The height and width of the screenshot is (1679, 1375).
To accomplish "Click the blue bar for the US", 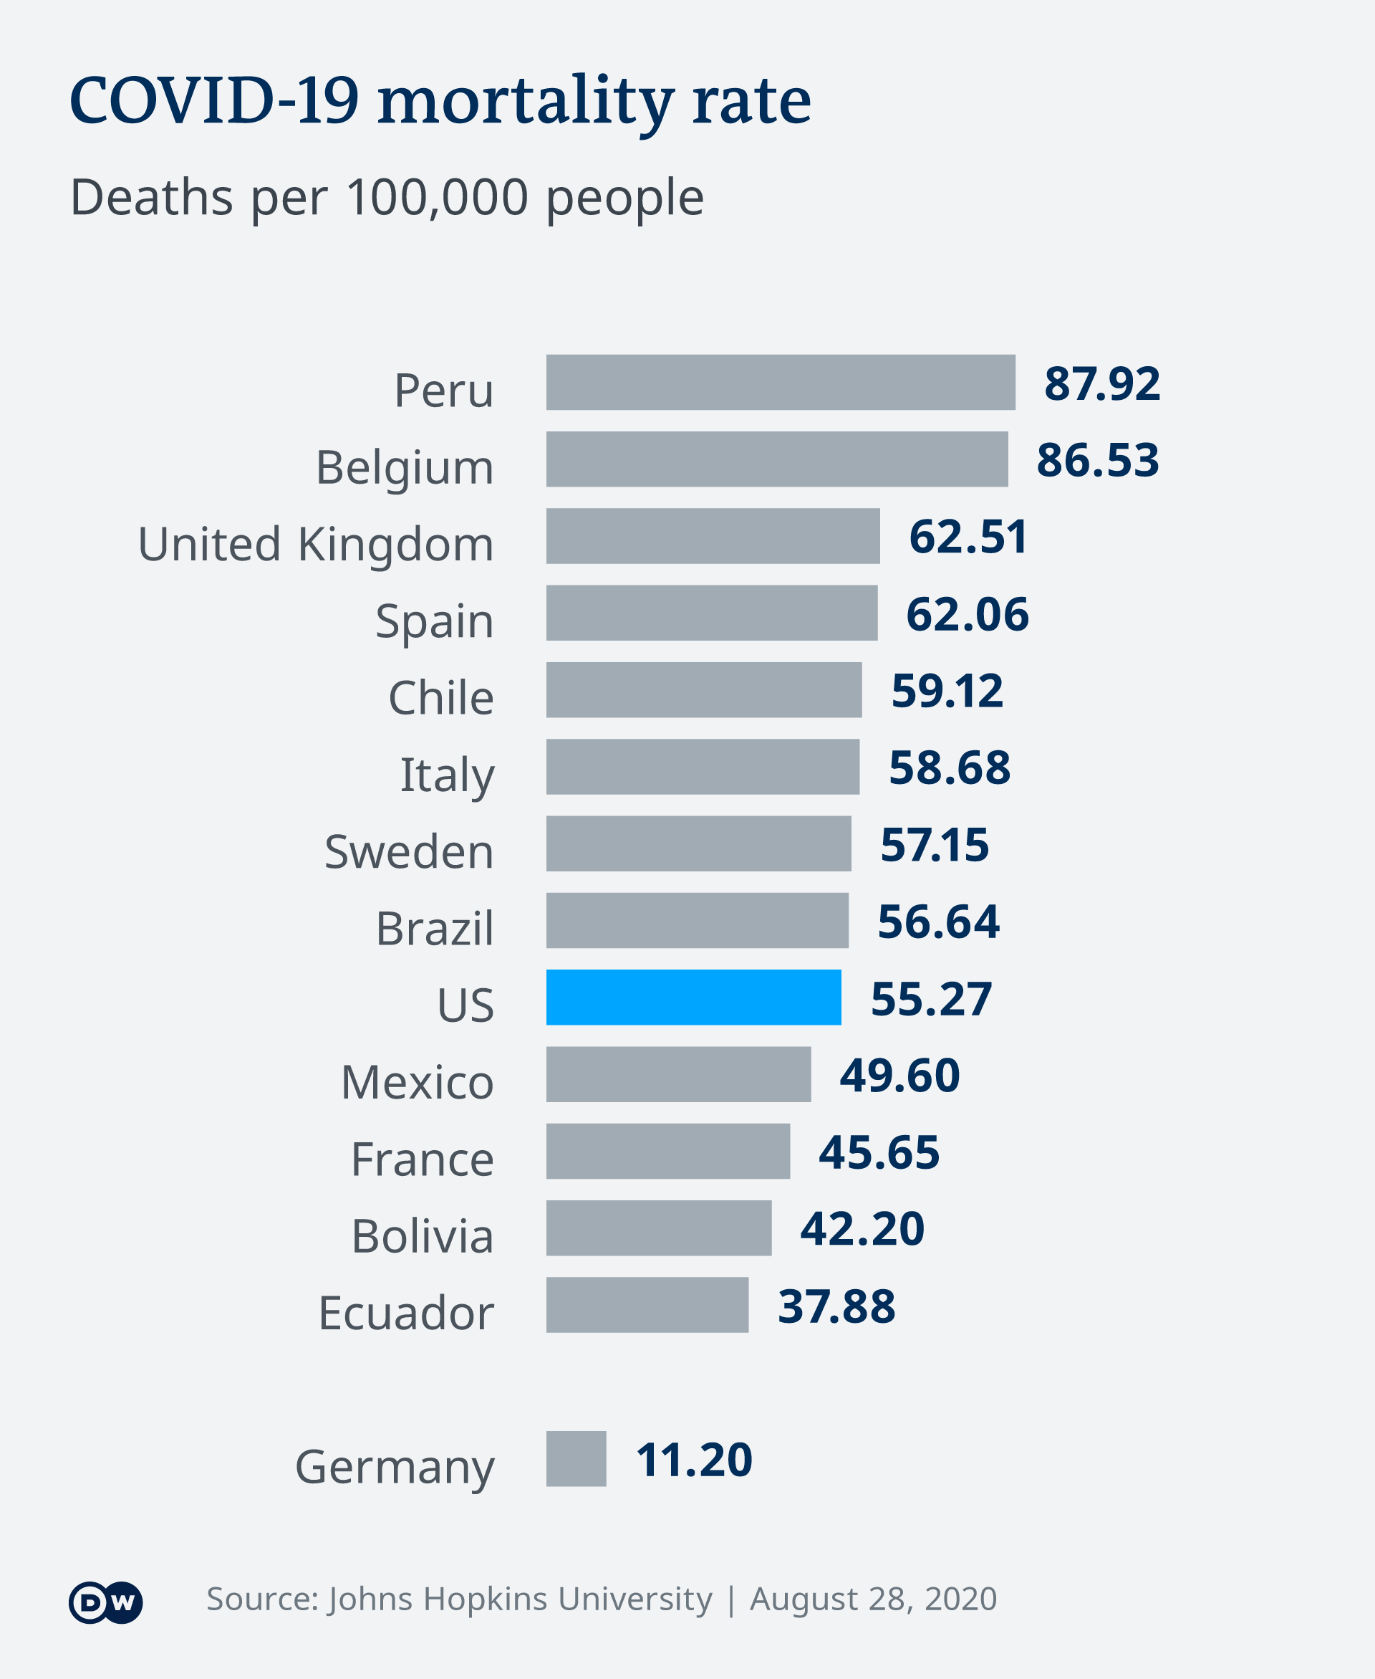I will [x=693, y=997].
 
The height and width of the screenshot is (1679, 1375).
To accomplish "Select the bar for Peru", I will [x=780, y=382].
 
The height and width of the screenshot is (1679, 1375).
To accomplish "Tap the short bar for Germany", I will [x=576, y=1459].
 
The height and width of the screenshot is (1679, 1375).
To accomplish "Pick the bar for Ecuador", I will [x=647, y=1305].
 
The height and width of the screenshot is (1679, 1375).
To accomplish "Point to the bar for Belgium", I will [x=776, y=459].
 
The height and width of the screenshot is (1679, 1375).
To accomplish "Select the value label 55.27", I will [x=931, y=998].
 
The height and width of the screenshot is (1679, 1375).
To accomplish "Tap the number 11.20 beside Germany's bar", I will [x=694, y=1460].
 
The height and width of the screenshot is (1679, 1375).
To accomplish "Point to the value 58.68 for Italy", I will [x=949, y=767].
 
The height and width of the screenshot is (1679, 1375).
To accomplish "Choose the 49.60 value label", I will [x=899, y=1075].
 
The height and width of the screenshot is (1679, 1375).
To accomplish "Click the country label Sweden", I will [x=409, y=852].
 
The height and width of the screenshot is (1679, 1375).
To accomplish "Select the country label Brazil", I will [x=434, y=929].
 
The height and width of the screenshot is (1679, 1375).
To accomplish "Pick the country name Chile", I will [x=440, y=698].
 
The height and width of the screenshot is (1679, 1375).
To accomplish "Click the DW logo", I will [x=105, y=1603].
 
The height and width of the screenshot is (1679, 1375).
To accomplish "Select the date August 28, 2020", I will [x=873, y=1599].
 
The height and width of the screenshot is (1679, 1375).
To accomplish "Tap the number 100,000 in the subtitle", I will [x=438, y=196].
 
